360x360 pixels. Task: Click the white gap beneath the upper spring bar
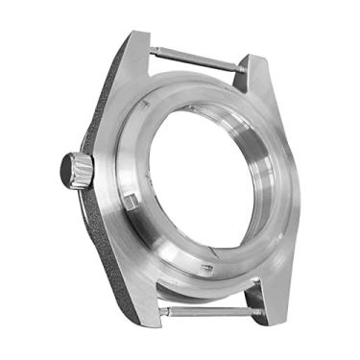[197, 69]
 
